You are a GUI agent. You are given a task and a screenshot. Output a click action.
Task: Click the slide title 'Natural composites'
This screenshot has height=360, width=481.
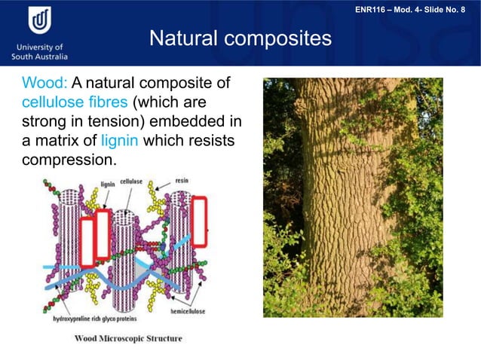[240, 38]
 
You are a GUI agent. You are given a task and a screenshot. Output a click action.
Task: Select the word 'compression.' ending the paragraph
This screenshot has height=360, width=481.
[69, 160]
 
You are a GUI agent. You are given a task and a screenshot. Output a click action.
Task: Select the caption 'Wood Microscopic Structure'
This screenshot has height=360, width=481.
[127, 338]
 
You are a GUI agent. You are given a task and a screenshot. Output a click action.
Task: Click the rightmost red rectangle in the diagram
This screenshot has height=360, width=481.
[199, 221]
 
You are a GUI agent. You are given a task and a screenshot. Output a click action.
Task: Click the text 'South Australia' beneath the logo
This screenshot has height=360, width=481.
[39, 56]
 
